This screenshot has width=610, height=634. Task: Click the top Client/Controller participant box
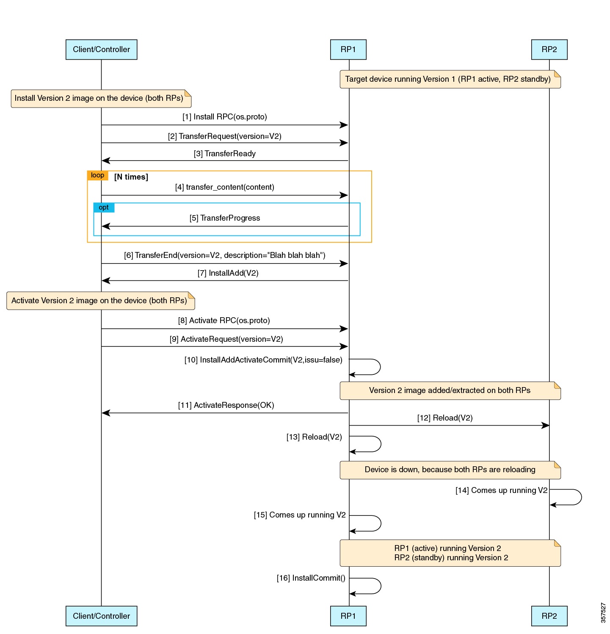point(101,50)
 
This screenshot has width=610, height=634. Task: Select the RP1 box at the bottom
point(348,616)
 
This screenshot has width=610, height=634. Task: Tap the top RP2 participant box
point(549,50)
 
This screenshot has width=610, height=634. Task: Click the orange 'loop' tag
point(97,175)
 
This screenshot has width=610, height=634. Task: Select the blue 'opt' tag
point(104,208)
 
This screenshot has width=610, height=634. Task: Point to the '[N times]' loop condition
point(131,177)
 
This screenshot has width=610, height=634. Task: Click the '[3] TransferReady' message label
point(224,154)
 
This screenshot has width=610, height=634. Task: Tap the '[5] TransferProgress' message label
point(224,218)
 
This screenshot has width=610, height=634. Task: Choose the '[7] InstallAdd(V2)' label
point(228,273)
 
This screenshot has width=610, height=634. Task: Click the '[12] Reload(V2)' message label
point(444,418)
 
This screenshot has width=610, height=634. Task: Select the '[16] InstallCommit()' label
point(311,578)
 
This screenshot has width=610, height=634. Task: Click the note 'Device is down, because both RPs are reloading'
point(450,470)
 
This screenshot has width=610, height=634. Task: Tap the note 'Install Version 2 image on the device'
point(101,98)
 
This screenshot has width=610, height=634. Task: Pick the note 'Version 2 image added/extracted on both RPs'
point(450,390)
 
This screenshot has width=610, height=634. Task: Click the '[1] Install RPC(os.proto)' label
point(224,117)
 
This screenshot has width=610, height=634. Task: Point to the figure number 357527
point(603,612)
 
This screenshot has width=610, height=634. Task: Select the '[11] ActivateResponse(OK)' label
point(226,405)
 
